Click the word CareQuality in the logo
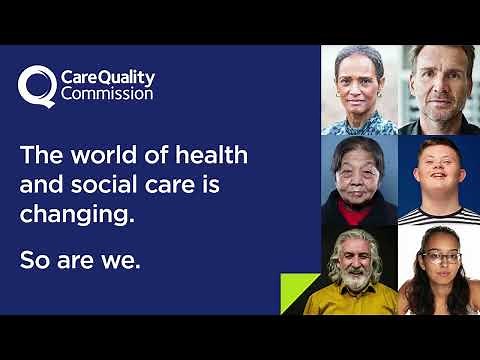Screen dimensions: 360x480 (104, 76)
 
